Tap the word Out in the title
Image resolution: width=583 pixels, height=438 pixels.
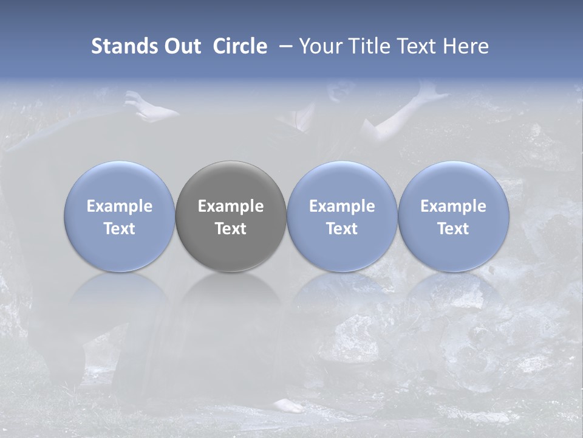(181, 46)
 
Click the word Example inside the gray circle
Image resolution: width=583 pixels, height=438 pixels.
(231, 206)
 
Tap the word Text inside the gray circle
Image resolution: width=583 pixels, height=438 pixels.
(231, 229)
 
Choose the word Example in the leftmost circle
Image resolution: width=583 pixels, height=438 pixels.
(120, 206)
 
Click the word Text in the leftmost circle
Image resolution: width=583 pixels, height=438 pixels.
(120, 229)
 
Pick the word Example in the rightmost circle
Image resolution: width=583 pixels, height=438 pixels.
(454, 206)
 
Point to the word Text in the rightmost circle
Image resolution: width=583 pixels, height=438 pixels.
(454, 229)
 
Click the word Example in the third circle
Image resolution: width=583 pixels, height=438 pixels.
(342, 206)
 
